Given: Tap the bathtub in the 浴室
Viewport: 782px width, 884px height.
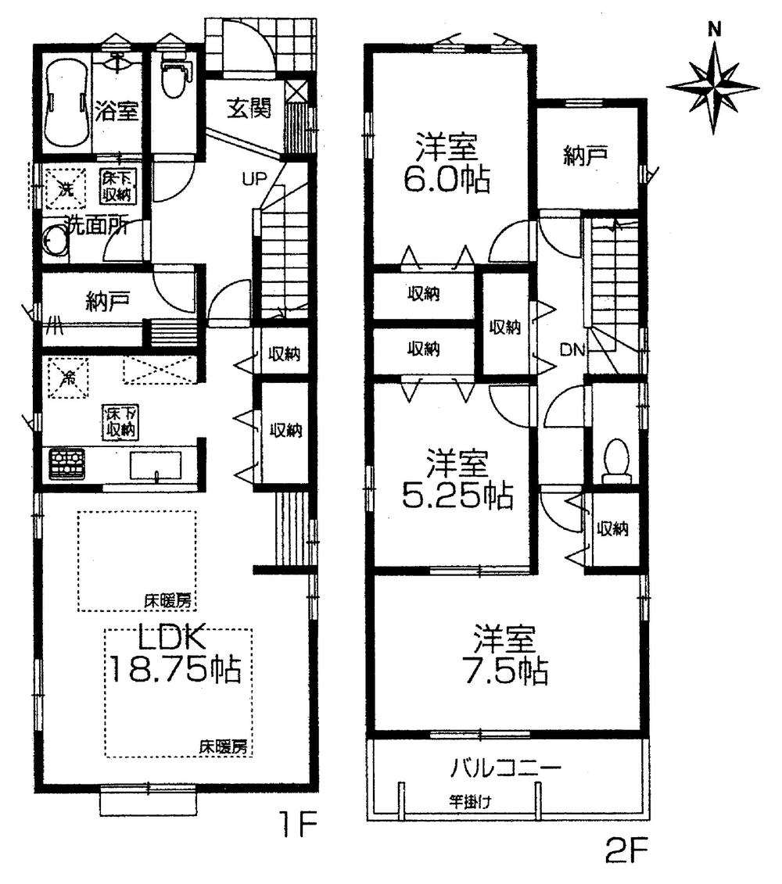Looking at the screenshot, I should coord(65,103).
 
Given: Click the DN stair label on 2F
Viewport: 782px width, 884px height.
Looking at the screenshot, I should coord(572,351).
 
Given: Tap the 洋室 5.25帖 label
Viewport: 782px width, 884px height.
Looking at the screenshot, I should coord(457,479).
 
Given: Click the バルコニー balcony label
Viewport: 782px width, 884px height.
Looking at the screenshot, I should coord(505,767).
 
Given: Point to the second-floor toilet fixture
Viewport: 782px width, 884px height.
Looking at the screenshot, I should coord(616,460).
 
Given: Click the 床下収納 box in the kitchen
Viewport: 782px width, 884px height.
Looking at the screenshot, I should coord(119,422).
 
